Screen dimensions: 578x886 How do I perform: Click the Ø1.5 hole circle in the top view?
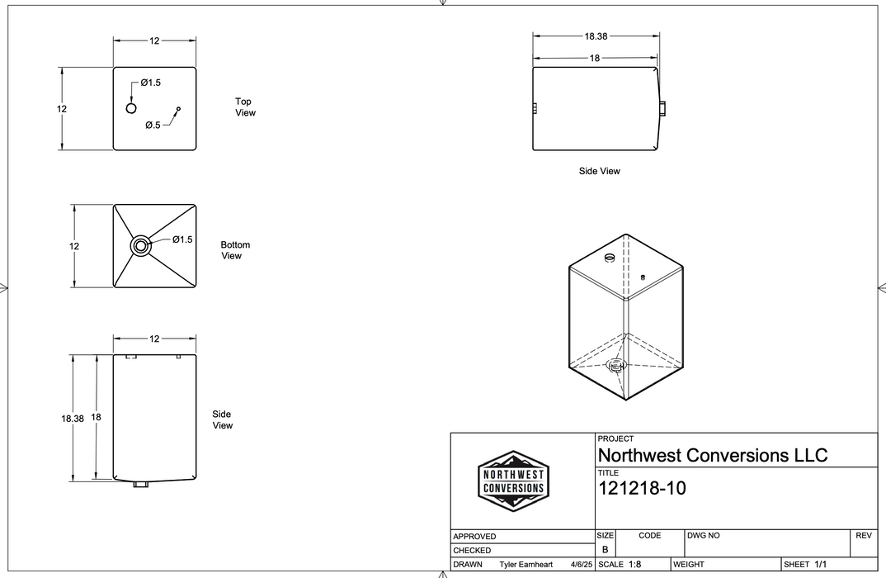131,109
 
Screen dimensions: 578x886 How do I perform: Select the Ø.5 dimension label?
153,126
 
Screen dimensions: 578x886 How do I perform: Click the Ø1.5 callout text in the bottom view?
182,239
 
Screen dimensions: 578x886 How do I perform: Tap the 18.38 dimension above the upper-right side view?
596,36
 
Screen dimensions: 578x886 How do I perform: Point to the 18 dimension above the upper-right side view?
595,59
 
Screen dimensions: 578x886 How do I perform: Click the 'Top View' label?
245,107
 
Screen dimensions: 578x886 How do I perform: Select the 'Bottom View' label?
234,250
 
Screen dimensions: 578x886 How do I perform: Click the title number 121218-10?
641,489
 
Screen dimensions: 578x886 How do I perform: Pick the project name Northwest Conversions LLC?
712,455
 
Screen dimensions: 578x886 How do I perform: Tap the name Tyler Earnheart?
527,565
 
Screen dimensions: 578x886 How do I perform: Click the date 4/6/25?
581,565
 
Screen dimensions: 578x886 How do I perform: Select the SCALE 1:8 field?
620,565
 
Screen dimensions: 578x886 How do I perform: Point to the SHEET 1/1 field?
805,565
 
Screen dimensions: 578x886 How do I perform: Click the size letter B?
605,549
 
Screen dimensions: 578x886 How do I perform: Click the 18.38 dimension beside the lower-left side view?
73,419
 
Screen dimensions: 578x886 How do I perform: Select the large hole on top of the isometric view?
610,258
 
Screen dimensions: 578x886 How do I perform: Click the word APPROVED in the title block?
474,537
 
